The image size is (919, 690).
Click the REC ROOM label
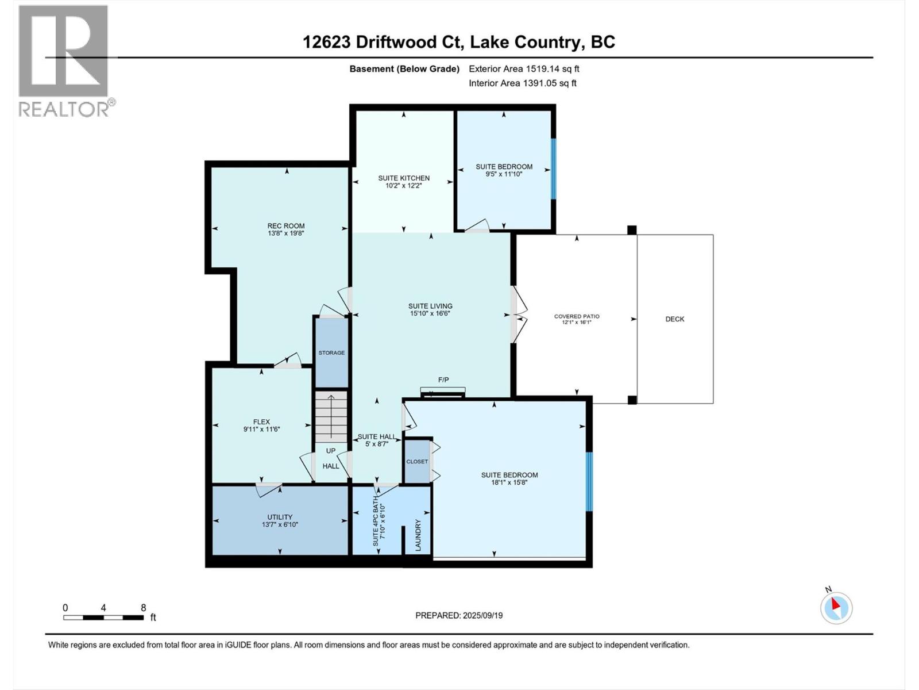tap(285, 226)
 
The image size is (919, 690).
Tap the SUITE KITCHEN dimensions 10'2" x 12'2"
tap(404, 186)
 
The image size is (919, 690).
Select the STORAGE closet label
tap(331, 352)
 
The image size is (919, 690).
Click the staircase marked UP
tap(331, 416)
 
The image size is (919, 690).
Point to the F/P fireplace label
tap(443, 380)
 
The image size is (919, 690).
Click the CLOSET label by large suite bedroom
tap(417, 462)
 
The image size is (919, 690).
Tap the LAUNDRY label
tap(418, 535)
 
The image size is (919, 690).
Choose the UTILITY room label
tap(280, 517)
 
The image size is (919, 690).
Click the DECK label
tap(675, 319)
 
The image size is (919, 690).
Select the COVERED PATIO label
tap(577, 316)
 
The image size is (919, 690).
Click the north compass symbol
tap(836, 608)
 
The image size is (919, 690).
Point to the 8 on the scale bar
tap(144, 608)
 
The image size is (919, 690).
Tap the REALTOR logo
tap(64, 60)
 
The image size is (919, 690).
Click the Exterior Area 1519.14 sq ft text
tap(524, 69)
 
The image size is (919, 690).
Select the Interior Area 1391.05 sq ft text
tap(522, 83)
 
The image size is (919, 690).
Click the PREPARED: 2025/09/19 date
tap(459, 615)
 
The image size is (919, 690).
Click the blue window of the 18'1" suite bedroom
tap(589, 482)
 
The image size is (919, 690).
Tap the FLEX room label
tap(261, 421)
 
